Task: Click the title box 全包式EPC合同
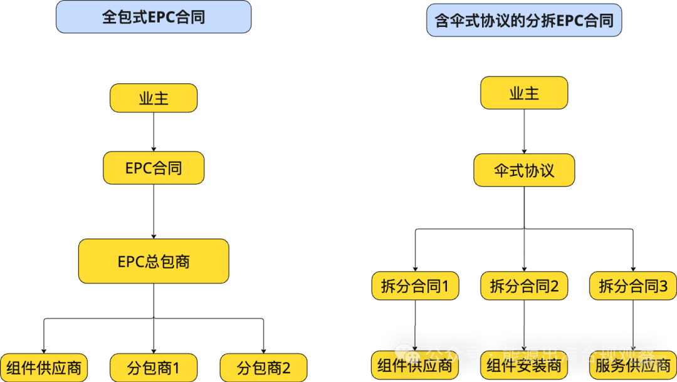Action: coord(154,17)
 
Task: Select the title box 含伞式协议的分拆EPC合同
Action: coord(524,21)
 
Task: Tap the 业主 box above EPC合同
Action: coord(154,98)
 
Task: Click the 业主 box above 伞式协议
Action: coord(524,93)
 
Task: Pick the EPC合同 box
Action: coord(154,168)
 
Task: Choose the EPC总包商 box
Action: coord(154,261)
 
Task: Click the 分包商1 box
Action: coord(154,368)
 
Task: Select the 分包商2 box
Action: coord(263,368)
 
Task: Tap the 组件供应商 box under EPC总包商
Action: coord(44,368)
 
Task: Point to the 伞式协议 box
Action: coord(524,170)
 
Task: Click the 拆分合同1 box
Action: coord(415,286)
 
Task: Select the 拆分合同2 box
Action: coord(524,286)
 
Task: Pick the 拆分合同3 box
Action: coord(633,286)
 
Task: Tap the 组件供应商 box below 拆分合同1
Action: coord(415,366)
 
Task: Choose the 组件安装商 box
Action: coord(524,366)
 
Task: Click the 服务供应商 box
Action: coord(633,366)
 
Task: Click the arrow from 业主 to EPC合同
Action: coord(154,132)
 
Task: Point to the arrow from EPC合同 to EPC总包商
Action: coord(154,211)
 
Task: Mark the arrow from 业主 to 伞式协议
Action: coord(524,132)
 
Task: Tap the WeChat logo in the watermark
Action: coord(404,353)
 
